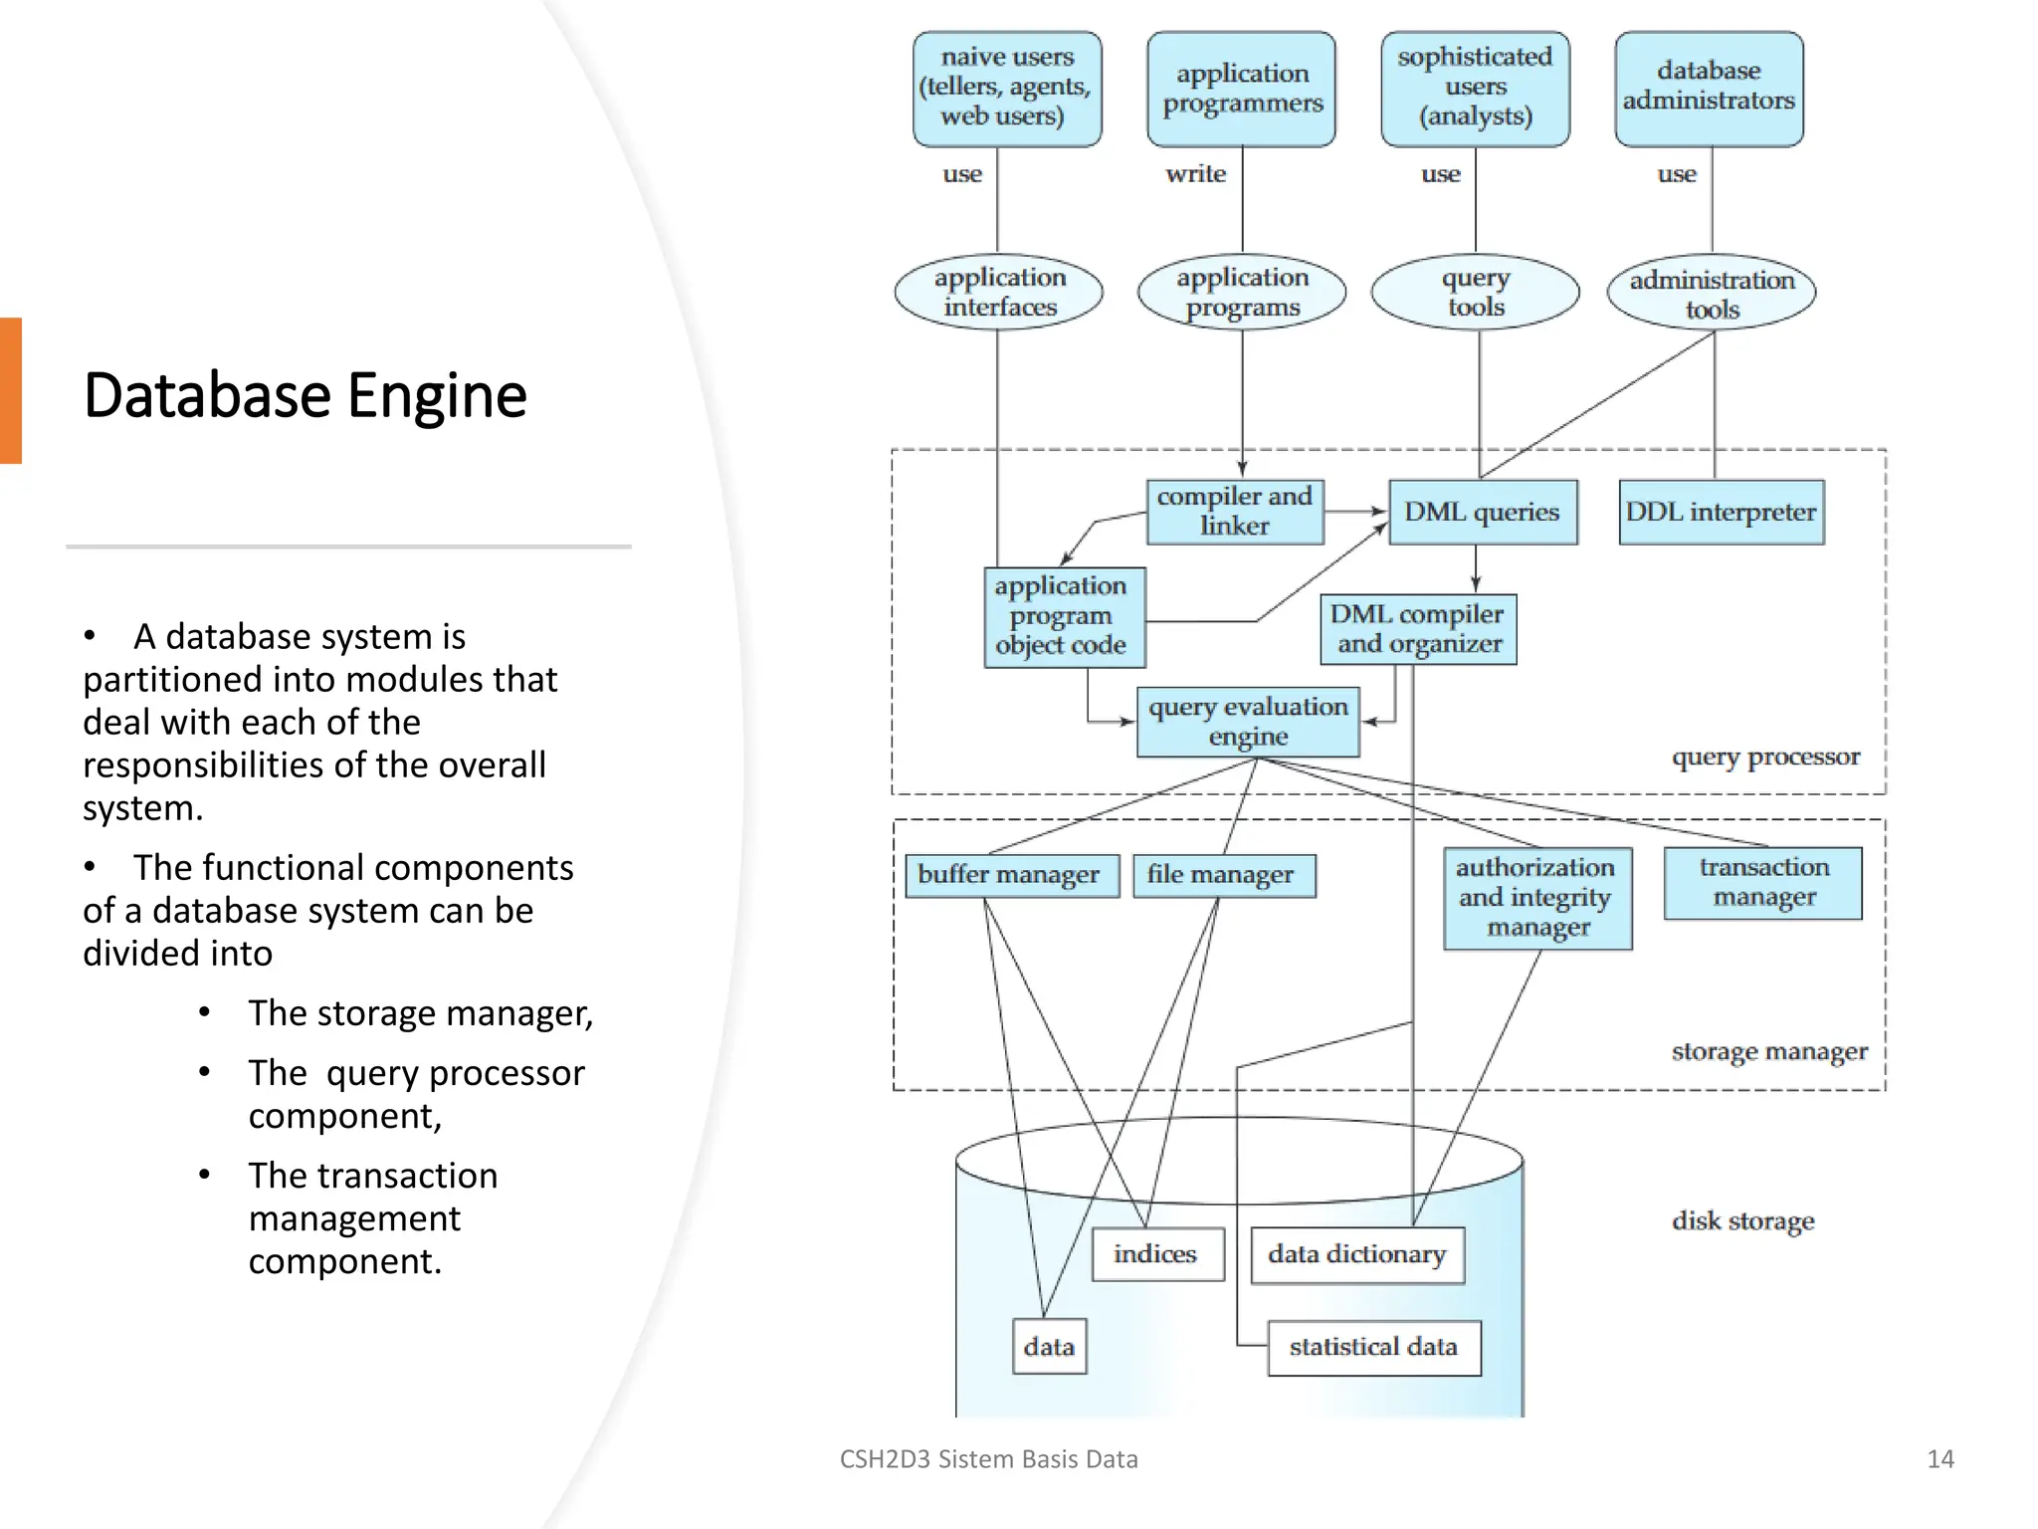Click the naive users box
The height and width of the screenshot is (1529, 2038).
1007,89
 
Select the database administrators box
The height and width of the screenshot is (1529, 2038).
1709,89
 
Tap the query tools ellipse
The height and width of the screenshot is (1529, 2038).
1475,292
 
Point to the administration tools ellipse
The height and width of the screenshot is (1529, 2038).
1711,293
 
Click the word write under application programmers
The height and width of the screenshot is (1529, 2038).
1195,174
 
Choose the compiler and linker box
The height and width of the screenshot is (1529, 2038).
1234,511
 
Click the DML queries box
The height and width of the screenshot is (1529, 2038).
1482,512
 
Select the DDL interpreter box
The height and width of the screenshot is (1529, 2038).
1721,512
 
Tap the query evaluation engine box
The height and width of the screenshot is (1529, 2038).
1248,722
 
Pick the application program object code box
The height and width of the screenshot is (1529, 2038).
1063,616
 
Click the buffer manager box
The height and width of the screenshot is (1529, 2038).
1010,875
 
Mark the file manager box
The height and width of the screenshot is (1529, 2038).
1223,875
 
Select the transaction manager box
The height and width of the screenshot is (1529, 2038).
1762,882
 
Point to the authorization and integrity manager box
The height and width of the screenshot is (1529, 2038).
1536,898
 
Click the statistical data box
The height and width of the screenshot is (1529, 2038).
1373,1347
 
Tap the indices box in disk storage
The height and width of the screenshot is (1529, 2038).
1156,1254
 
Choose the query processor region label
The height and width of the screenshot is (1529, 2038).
1764,758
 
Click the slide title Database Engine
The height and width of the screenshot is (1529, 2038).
305,395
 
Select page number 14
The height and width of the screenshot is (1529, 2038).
1939,1459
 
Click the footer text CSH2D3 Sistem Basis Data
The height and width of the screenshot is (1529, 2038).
988,1459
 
